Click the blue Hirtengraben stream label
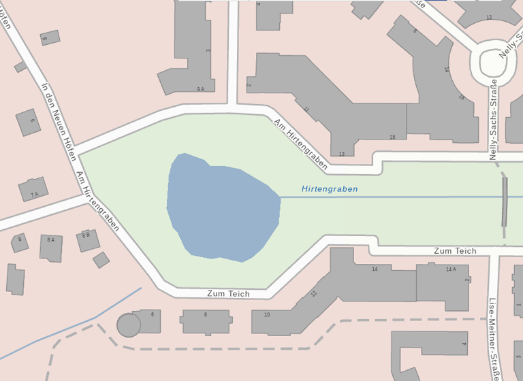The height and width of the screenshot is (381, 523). pyautogui.click(x=330, y=189)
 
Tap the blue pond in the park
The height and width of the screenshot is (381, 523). pyautogui.click(x=221, y=208)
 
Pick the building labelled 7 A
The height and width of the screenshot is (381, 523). pyautogui.click(x=33, y=190)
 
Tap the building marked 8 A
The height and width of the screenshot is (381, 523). pyautogui.click(x=50, y=247)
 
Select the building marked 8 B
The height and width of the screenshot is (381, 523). pyautogui.click(x=86, y=239)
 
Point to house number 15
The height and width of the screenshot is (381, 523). pyautogui.click(x=392, y=137)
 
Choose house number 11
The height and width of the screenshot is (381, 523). pyautogui.click(x=306, y=110)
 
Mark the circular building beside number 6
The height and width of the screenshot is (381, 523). pyautogui.click(x=128, y=325)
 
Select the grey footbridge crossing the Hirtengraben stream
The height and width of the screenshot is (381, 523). pyautogui.click(x=505, y=201)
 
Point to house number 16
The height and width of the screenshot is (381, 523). pyautogui.click(x=461, y=98)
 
